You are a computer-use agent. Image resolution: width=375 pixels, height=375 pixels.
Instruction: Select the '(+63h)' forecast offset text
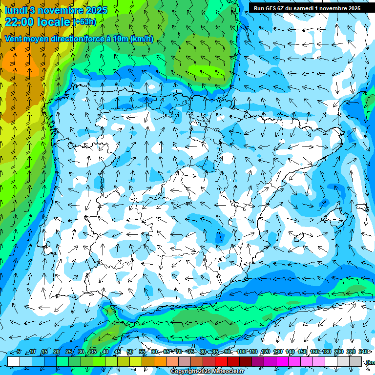pyautogui.click(x=84, y=21)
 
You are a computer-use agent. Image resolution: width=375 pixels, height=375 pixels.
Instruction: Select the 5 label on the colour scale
pyautogui.click(x=19, y=352)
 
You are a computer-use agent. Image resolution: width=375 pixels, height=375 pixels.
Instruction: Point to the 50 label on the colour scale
pyautogui.click(x=129, y=352)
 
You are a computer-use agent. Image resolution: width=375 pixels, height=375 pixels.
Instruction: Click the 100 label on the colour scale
pyautogui.click(x=241, y=352)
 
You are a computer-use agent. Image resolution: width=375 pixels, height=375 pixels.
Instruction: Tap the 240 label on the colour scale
pyautogui.click(x=363, y=352)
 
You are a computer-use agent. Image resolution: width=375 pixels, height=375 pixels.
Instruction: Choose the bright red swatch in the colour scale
pyautogui.click(x=221, y=361)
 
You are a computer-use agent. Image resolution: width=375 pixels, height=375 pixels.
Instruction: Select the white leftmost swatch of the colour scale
pyautogui.click(x=13, y=361)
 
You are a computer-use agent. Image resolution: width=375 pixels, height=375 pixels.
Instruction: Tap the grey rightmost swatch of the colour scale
pyautogui.click(x=355, y=361)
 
